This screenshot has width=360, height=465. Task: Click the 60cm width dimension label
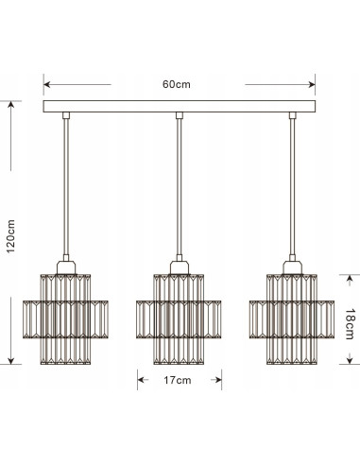[178, 83]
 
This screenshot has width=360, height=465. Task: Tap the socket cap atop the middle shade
[178, 264]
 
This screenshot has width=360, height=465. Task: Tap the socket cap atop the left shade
[65, 264]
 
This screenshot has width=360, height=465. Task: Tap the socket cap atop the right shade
[293, 264]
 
